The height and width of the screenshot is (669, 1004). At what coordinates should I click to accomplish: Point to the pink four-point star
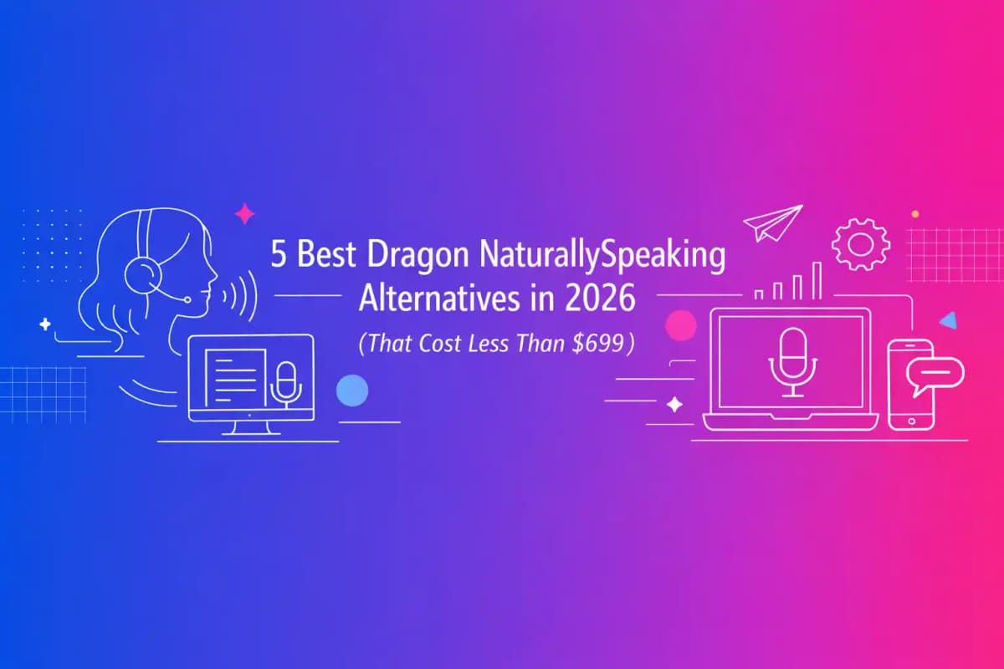point(244,215)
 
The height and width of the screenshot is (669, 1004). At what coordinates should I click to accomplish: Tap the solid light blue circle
point(351,391)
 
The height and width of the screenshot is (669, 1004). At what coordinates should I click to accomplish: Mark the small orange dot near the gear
point(914,214)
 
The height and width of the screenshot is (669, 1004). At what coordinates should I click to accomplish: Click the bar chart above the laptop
point(787,281)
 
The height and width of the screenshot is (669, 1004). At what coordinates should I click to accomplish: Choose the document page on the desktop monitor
point(235,376)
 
